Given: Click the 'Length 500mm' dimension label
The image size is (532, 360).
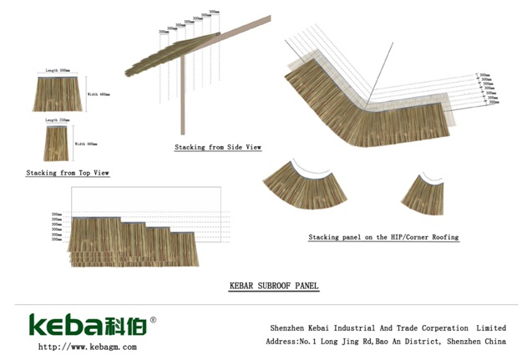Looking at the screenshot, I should (x=58, y=71).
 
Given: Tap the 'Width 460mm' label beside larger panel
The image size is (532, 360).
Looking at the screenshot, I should (x=99, y=94).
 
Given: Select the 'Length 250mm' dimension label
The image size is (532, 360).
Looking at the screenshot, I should (x=58, y=120).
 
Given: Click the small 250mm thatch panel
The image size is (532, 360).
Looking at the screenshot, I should (x=58, y=143).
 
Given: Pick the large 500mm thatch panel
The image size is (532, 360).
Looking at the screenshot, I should (x=58, y=94).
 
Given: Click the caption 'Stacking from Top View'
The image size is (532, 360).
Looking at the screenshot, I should (x=68, y=173).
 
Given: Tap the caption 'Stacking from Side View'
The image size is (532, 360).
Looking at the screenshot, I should (x=218, y=147).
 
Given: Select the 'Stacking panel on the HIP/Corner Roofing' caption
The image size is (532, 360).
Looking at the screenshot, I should (x=383, y=237).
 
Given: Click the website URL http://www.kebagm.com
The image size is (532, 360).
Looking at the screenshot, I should (x=87, y=347).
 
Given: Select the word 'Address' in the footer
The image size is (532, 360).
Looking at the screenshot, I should (x=282, y=342).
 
